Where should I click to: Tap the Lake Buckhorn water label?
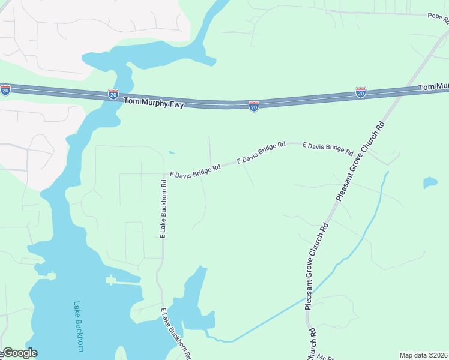click(79, 326)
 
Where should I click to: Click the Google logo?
click(19, 353)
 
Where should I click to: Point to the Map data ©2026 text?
click(424, 355)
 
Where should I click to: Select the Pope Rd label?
click(438, 17)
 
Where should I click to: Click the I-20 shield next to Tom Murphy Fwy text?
click(113, 94)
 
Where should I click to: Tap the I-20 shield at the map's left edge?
click(5, 90)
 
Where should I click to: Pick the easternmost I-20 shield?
click(360, 92)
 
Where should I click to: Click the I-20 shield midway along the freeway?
click(254, 106)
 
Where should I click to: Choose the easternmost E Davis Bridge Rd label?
click(327, 149)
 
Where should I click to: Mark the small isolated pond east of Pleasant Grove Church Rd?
click(430, 182)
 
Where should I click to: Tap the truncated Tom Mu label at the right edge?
click(433, 88)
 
